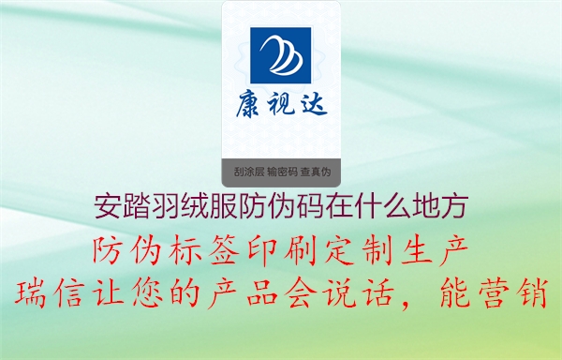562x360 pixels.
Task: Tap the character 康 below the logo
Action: pyautogui.click(x=249, y=104)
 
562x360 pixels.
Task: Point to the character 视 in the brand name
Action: pyautogui.click(x=281, y=104)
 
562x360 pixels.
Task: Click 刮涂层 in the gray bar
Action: pyautogui.click(x=248, y=172)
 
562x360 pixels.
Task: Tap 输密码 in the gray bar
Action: pyautogui.click(x=282, y=172)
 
